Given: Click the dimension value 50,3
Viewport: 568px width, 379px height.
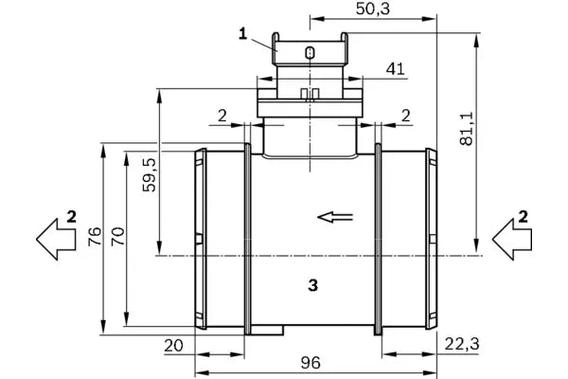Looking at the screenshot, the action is click(372, 9).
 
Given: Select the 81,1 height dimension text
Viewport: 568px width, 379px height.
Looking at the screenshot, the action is click(467, 129).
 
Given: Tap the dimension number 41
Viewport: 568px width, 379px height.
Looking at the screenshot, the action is click(395, 68).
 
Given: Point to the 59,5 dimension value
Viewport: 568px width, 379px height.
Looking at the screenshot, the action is click(149, 174).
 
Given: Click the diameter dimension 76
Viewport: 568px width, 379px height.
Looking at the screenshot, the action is click(95, 237).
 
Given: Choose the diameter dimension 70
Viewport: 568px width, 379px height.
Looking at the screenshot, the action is click(117, 237).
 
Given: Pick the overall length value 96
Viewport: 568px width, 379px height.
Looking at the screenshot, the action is click(311, 363).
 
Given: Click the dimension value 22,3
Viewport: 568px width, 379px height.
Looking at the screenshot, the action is click(462, 344).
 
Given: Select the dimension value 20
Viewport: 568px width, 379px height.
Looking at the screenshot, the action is click(174, 346).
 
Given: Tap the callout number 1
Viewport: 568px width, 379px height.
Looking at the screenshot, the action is click(242, 34).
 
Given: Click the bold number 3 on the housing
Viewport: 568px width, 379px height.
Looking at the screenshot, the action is click(313, 285).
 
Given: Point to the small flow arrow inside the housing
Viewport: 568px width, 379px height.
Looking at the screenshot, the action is click(335, 217).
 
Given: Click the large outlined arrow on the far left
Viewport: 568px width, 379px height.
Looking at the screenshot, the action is click(56, 240).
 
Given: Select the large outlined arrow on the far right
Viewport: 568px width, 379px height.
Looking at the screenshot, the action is click(512, 240).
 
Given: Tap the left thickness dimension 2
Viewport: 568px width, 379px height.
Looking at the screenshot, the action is click(222, 116).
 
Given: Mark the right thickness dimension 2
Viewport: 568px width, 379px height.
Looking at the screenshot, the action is click(406, 116).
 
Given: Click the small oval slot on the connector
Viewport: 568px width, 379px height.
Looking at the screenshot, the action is click(311, 53).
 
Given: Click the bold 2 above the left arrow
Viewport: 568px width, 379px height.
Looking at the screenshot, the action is click(72, 217).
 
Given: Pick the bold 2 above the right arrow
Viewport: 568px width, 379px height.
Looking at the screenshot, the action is click(524, 217).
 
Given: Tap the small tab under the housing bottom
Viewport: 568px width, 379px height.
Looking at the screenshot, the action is click(267, 330).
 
